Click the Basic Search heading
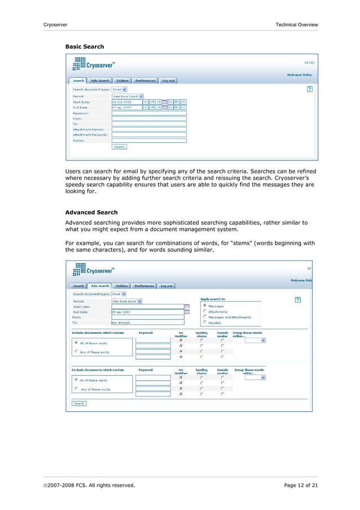pos(84,46)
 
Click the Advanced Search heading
pos(91,212)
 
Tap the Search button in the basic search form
pos(119,147)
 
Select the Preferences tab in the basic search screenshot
pos(144,80)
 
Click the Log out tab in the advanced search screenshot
pos(166,286)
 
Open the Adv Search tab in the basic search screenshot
pos(100,80)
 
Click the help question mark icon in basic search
pos(309,89)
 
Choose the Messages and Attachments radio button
pos(205,317)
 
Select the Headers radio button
pos(205,322)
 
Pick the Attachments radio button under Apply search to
pos(205,311)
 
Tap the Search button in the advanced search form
pos(78,403)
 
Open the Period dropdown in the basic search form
pos(128,95)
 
